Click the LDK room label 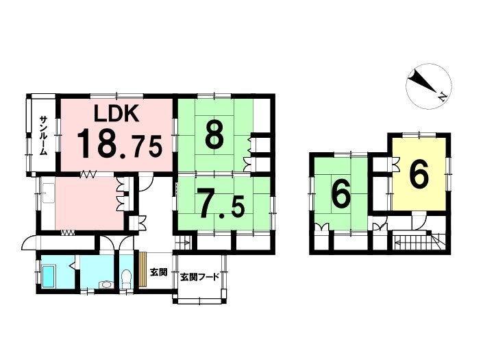pyautogui.click(x=116, y=113)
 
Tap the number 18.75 pyautogui.click(x=119, y=143)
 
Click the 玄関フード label pyautogui.click(x=199, y=276)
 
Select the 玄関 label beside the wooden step pyautogui.click(x=158, y=272)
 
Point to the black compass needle pyautogui.click(x=423, y=81)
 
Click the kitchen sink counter pyautogui.click(x=48, y=193)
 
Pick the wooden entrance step pyautogui.click(x=143, y=269)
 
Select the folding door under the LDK pyautogui.click(x=88, y=175)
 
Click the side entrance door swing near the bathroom pyautogui.click(x=28, y=241)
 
